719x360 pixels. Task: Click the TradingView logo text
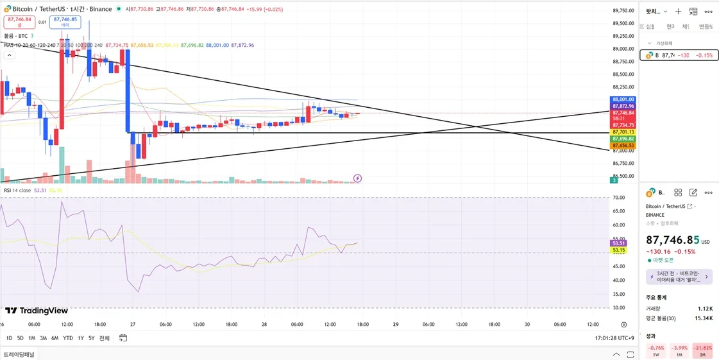pyautogui.click(x=37, y=311)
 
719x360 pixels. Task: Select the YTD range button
pyautogui.click(x=67, y=338)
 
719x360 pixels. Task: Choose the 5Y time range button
pyautogui.click(x=92, y=338)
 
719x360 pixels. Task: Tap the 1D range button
pyautogui.click(x=9, y=338)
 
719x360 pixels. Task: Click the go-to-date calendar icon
pyautogui.click(x=123, y=338)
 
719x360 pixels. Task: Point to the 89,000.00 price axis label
pyautogui.click(x=623, y=49)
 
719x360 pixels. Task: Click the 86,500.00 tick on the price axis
pyautogui.click(x=623, y=176)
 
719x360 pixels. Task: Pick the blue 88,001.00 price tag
pyautogui.click(x=623, y=99)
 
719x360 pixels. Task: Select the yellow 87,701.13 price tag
pyautogui.click(x=623, y=132)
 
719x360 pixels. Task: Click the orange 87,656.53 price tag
pyautogui.click(x=623, y=146)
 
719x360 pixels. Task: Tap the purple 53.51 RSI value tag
pyautogui.click(x=618, y=243)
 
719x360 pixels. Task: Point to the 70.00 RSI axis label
pyautogui.click(x=618, y=198)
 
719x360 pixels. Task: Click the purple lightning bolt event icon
pyautogui.click(x=357, y=178)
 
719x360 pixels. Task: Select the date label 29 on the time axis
pyautogui.click(x=396, y=325)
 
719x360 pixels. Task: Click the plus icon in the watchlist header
pyautogui.click(x=678, y=12)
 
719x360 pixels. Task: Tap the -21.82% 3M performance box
pyautogui.click(x=703, y=350)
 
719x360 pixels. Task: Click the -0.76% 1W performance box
pyautogui.click(x=656, y=350)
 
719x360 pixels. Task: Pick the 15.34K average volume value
pyautogui.click(x=704, y=318)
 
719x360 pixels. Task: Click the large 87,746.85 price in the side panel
pyautogui.click(x=673, y=240)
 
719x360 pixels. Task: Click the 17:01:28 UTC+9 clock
pyautogui.click(x=614, y=338)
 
